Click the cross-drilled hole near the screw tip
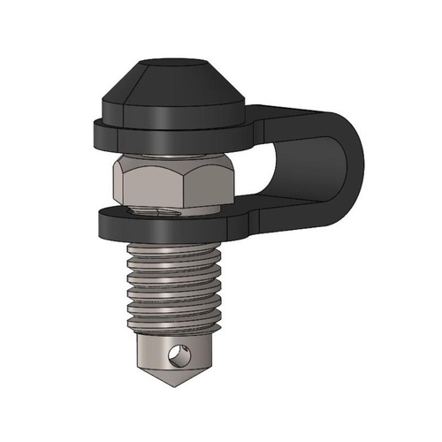tap(179, 356)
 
